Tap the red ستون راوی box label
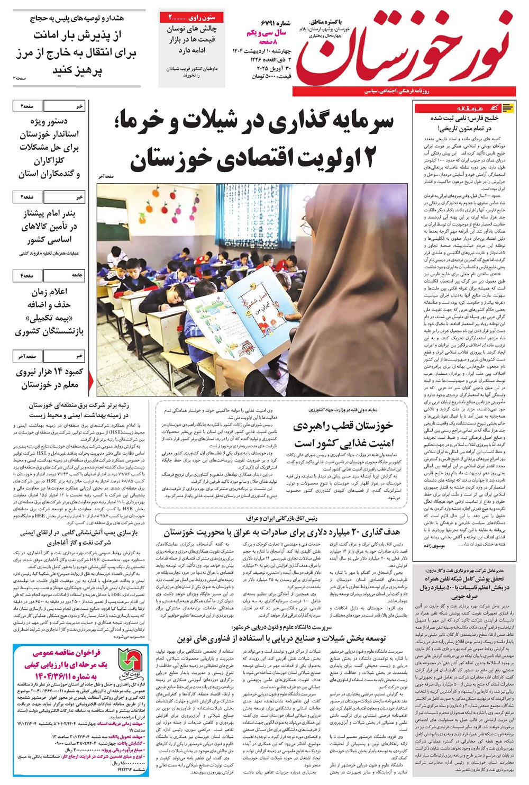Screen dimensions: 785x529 coord(191,17)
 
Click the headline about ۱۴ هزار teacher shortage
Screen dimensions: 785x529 coord(49,378)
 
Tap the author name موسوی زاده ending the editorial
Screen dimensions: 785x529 coord(434,545)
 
